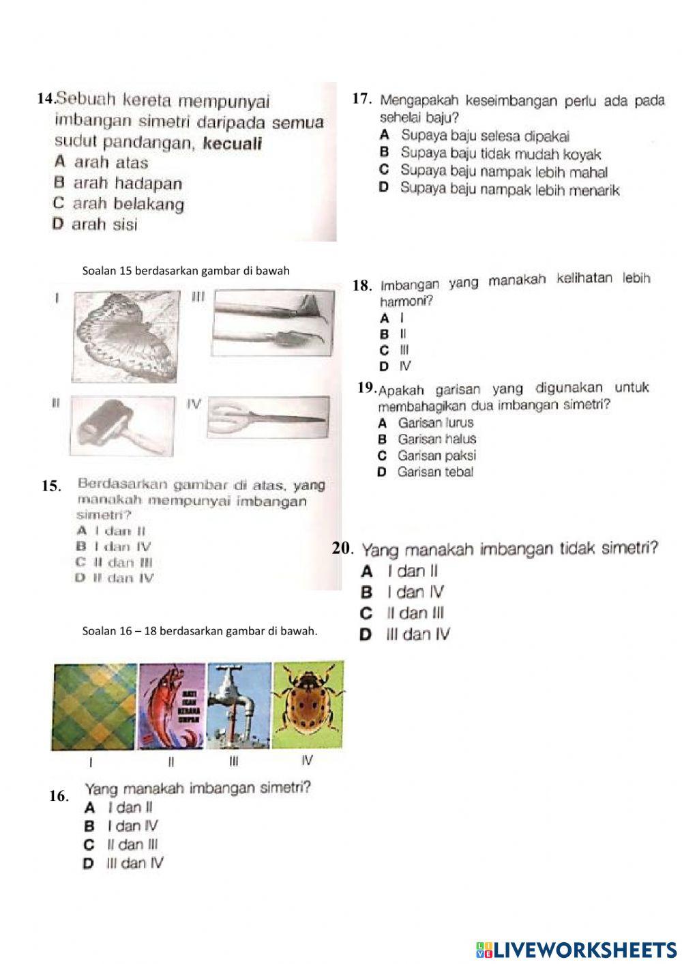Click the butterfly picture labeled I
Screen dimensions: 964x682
pyautogui.click(x=126, y=336)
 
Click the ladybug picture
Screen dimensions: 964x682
pyautogui.click(x=308, y=705)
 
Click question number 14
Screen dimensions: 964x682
pyautogui.click(x=46, y=100)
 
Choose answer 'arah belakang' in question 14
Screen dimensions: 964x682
pyautogui.click(x=128, y=204)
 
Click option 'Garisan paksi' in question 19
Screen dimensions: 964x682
pyautogui.click(x=436, y=456)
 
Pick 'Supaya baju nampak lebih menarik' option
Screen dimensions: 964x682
pyautogui.click(x=509, y=189)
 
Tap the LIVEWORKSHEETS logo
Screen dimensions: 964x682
pyautogui.click(x=576, y=949)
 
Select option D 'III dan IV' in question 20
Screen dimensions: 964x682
pyautogui.click(x=417, y=634)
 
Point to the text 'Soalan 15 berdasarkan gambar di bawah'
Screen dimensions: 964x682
pyautogui.click(x=186, y=271)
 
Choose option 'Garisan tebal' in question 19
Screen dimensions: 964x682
pyautogui.click(x=435, y=472)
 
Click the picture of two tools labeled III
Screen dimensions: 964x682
pyautogui.click(x=273, y=323)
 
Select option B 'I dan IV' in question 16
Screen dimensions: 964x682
pyautogui.click(x=132, y=826)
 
